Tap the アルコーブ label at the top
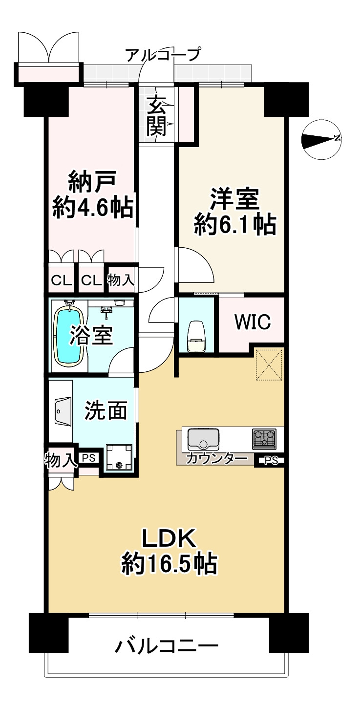pos(163,54)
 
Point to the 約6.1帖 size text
pos(235,225)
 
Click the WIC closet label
pos(252,322)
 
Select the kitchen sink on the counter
pos(203,438)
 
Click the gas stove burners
pos(264,438)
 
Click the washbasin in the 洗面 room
pos(61,412)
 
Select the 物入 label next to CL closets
pos(120,281)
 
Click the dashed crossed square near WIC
pos(269,364)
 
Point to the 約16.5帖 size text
pos(169,564)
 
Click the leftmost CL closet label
pos(61,281)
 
